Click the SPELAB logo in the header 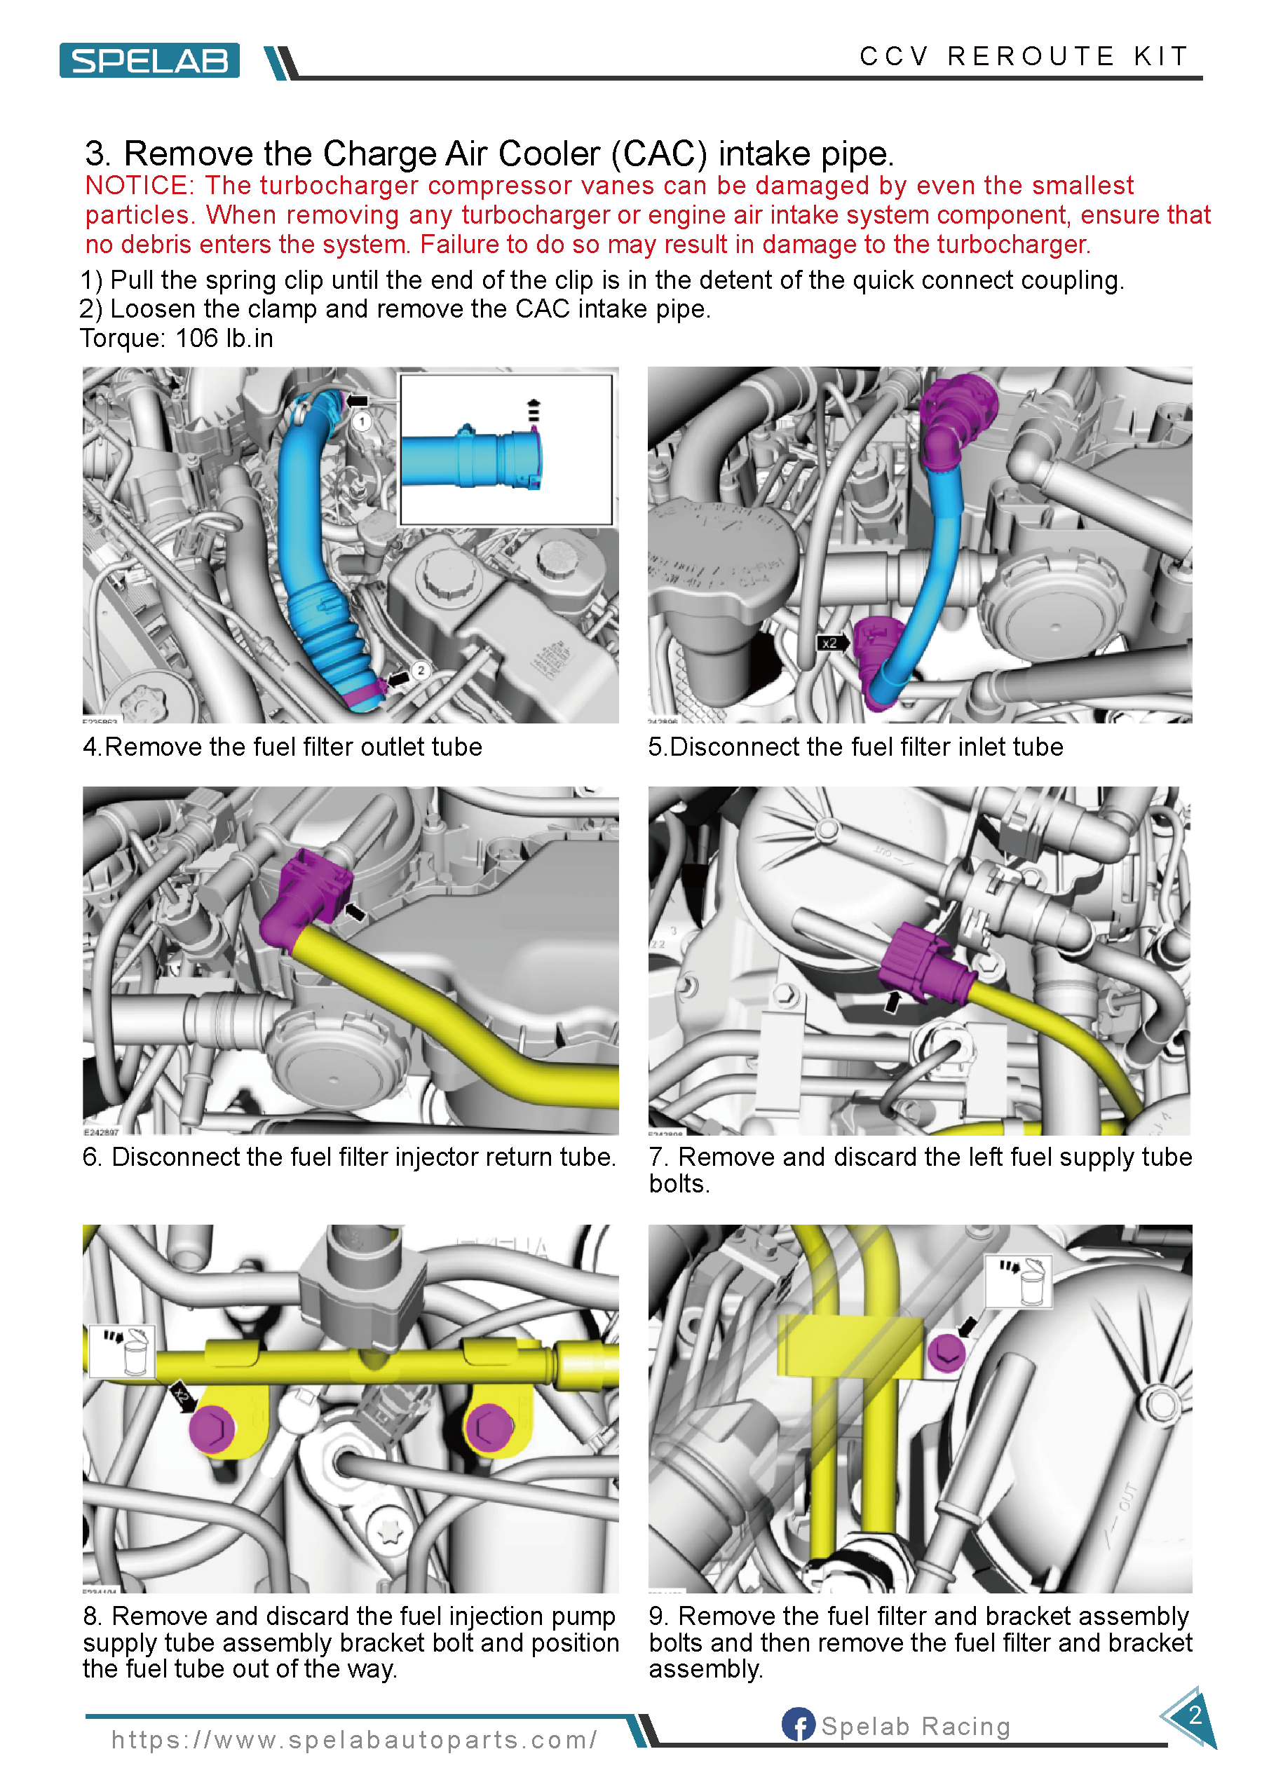pos(149,60)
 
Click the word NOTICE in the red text pos(138,186)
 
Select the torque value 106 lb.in pos(224,339)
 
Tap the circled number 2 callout pos(421,670)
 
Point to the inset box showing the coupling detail pos(506,449)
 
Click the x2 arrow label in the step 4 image pos(832,643)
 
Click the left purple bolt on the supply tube pos(211,1429)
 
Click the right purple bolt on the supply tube pos(490,1427)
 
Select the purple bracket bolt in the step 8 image pos(945,1352)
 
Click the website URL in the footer pos(354,1739)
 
